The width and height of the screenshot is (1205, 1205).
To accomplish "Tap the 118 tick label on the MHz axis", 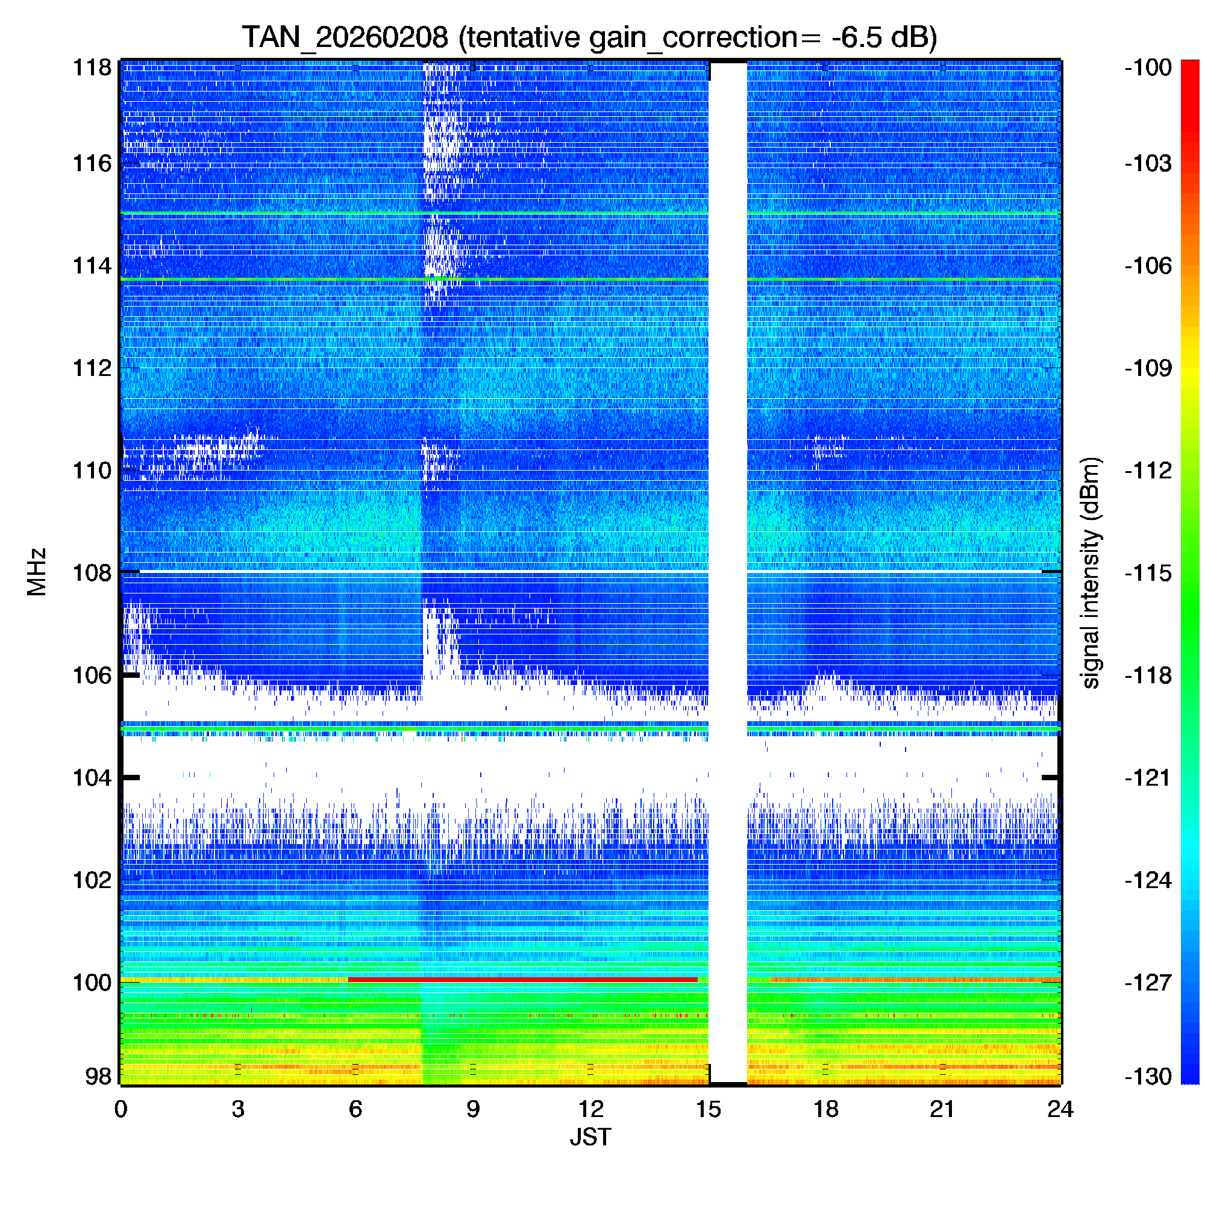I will point(92,67).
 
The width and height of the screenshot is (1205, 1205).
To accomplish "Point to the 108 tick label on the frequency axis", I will point(92,572).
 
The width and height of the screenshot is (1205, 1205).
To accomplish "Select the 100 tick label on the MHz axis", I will point(92,982).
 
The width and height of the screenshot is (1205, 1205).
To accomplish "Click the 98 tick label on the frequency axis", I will point(98,1076).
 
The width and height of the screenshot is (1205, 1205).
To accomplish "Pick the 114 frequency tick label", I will point(92,266).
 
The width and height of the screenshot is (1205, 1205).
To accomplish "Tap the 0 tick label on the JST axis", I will point(120,1109).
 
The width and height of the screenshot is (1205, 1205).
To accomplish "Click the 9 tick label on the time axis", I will point(473,1109).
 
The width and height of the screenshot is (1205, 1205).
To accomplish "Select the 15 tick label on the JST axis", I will point(708,1109).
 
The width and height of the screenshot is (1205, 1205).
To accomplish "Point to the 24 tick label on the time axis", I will point(1060,1109).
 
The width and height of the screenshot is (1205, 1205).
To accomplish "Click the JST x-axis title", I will point(590,1137).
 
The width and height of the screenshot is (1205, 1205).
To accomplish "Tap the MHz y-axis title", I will point(37,572).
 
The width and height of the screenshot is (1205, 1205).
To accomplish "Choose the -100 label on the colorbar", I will point(1148,67).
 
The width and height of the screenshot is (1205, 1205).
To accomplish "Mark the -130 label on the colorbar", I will point(1148,1077).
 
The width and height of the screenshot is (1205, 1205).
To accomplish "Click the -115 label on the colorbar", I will point(1148,572).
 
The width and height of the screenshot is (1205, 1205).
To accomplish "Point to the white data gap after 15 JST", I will point(728,562).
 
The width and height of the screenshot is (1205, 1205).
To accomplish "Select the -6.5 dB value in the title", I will point(878,37).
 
